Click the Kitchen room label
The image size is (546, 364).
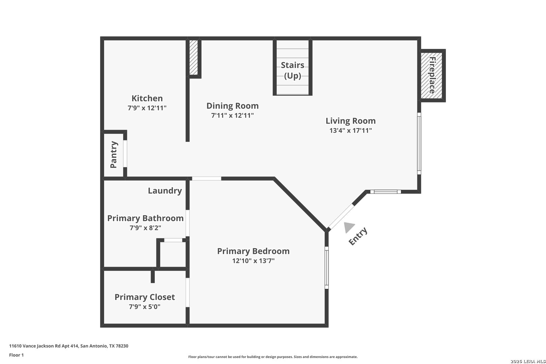(x=147, y=98)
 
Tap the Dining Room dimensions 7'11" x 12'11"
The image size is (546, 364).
(x=232, y=115)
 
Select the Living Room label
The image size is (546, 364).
(x=351, y=121)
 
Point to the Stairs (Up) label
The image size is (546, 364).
(x=293, y=70)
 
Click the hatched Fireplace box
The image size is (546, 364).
(x=431, y=75)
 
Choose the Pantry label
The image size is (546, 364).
(x=114, y=155)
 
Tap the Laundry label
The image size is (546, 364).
(x=165, y=191)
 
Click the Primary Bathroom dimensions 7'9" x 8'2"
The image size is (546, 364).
(x=145, y=228)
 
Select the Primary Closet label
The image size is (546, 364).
(x=145, y=297)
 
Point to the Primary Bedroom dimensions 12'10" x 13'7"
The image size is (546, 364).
(x=253, y=261)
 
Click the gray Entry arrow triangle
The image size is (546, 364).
(x=348, y=227)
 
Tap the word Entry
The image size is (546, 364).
(x=358, y=236)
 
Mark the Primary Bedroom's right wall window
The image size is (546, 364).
(x=327, y=268)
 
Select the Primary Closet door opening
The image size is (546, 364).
(x=188, y=293)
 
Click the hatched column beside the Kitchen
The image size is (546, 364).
(x=193, y=58)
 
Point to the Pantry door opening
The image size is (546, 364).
(x=125, y=154)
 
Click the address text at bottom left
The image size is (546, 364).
(x=69, y=346)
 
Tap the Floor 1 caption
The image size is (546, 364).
(x=16, y=355)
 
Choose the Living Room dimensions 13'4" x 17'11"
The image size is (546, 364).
(x=351, y=130)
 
